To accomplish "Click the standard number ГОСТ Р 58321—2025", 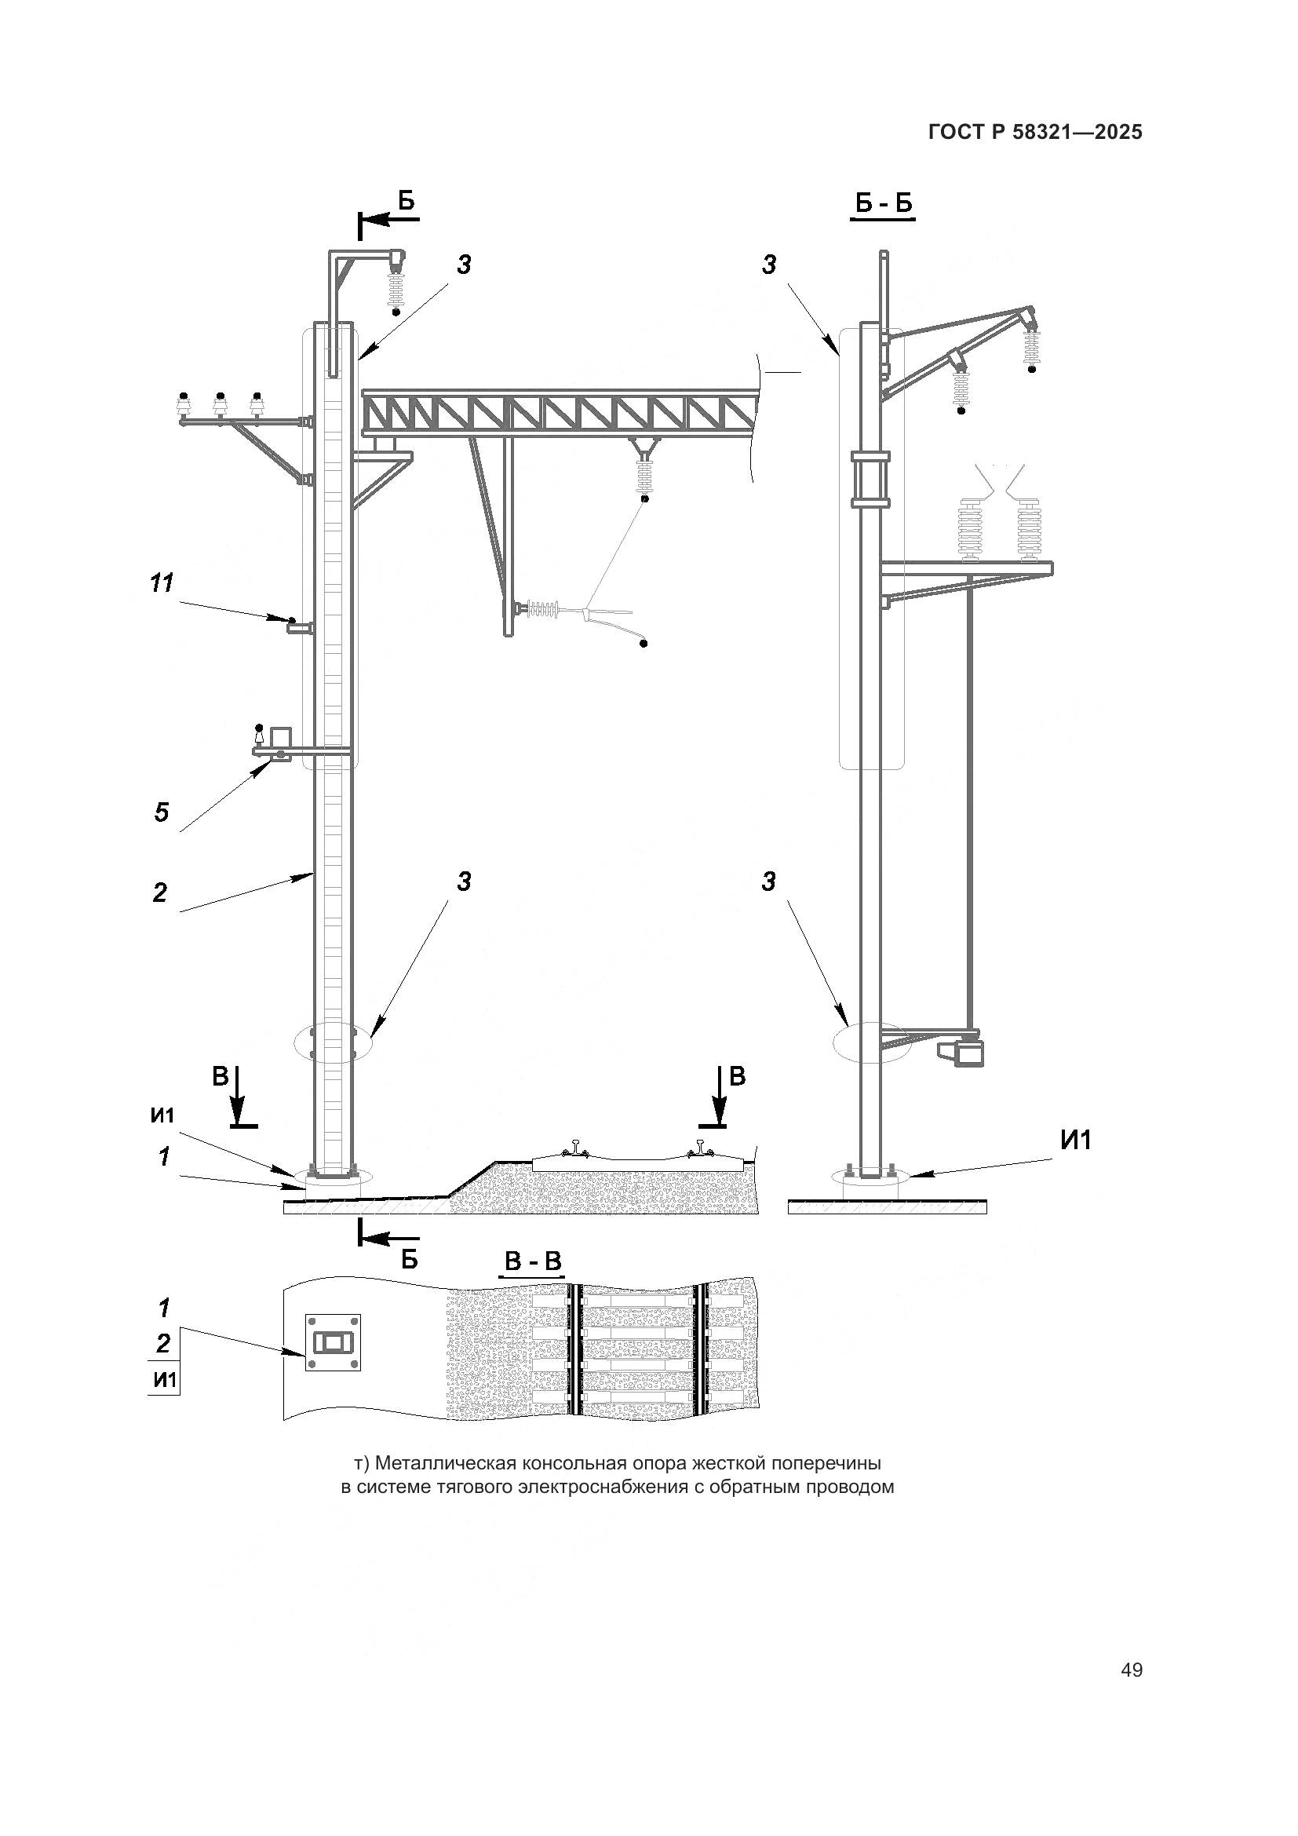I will click(1035, 132).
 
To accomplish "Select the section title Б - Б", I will click(883, 204).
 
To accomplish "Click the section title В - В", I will click(533, 1263).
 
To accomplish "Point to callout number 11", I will click(162, 584).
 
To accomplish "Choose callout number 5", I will click(162, 813).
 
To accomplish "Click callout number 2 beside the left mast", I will click(160, 892).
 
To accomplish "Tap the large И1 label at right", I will click(1076, 1141).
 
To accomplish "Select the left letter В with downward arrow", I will click(221, 1077).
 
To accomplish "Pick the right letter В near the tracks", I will click(737, 1076).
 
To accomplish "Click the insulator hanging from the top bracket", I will click(395, 290).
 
